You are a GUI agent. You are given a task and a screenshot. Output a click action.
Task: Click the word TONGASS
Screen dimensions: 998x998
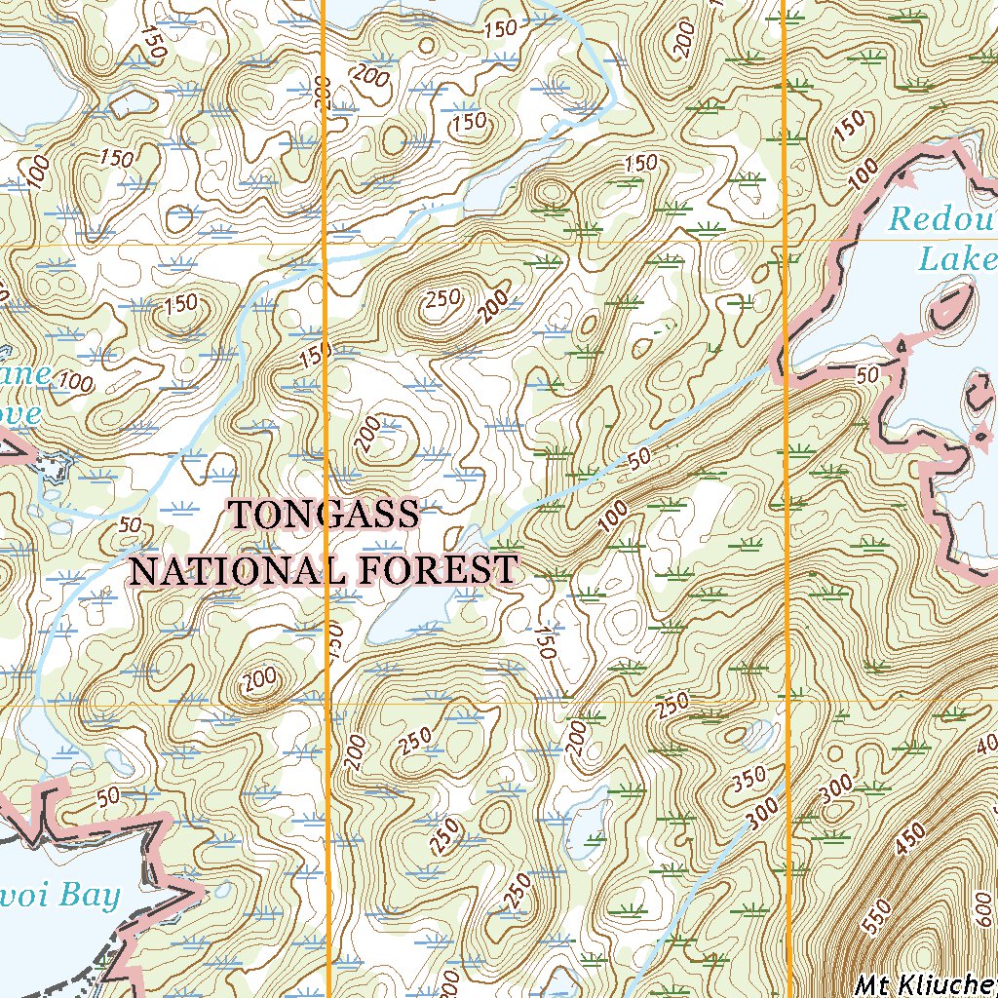[324, 514]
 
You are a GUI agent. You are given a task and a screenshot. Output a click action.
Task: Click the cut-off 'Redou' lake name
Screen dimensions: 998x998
[940, 219]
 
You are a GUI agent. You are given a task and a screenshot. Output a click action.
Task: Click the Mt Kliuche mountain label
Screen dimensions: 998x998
[926, 985]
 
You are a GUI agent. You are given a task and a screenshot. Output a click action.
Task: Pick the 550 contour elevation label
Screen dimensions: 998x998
[879, 911]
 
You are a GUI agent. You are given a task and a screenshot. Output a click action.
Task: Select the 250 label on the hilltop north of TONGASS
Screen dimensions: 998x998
[443, 299]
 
